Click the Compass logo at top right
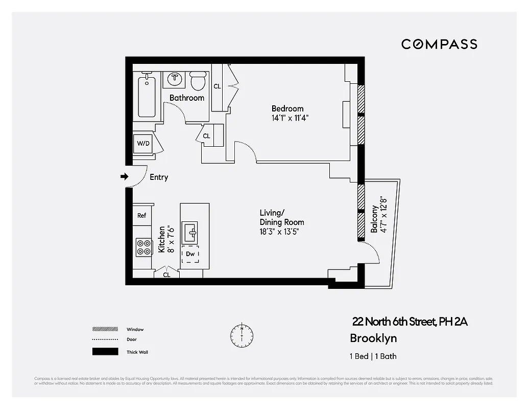tap(439, 44)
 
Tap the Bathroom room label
tap(186, 98)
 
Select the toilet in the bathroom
tap(198, 80)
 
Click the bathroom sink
tap(175, 78)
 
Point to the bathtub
tap(147, 96)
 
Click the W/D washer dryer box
tap(143, 144)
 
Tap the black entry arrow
tap(124, 177)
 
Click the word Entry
tap(159, 177)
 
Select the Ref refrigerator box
tap(142, 215)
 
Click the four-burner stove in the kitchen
tap(143, 247)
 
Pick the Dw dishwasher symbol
tap(190, 254)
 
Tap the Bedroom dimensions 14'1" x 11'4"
tap(290, 118)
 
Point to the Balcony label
tap(374, 219)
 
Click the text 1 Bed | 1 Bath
tap(373, 356)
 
